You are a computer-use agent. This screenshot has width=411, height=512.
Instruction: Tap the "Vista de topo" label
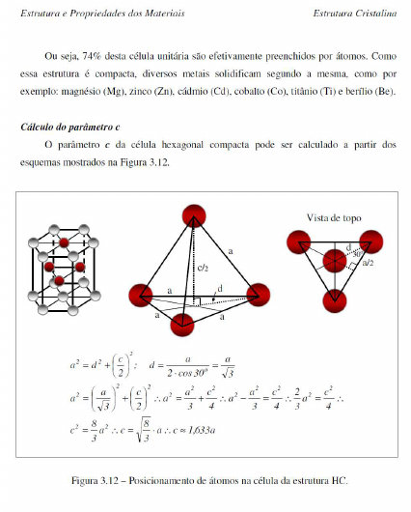(x=334, y=217)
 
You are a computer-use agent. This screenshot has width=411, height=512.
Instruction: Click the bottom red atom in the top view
(x=333, y=297)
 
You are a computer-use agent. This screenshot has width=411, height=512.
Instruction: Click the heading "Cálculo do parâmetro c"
(x=75, y=127)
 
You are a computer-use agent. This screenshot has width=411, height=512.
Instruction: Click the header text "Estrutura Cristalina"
(x=355, y=14)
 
